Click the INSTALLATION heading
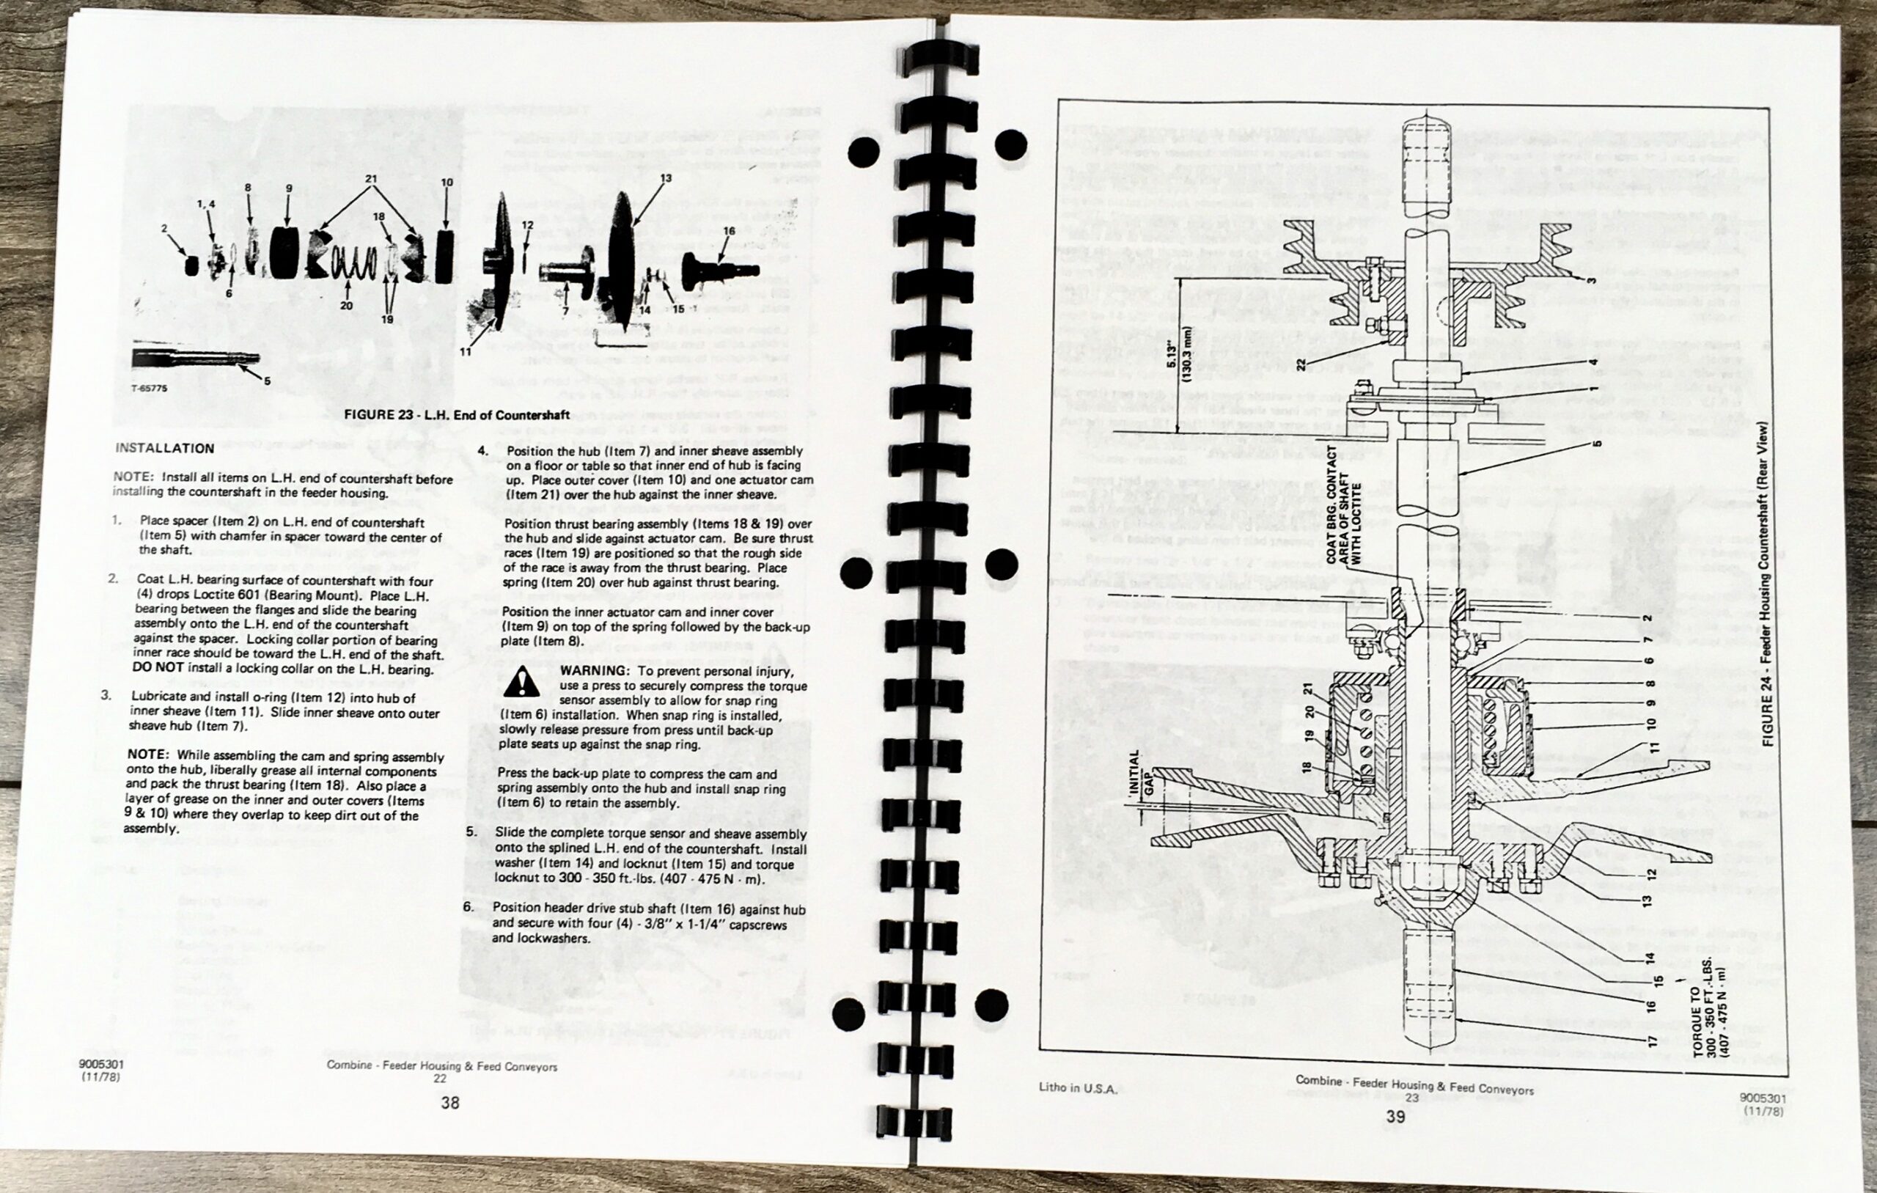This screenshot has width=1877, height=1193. (164, 448)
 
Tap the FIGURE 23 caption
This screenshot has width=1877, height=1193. (458, 415)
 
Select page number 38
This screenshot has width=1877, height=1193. (449, 1103)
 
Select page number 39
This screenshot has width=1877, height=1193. (1395, 1117)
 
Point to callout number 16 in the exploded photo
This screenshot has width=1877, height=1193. (729, 231)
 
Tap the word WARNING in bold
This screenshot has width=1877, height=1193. (593, 671)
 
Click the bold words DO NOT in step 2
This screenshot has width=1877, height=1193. (158, 668)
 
